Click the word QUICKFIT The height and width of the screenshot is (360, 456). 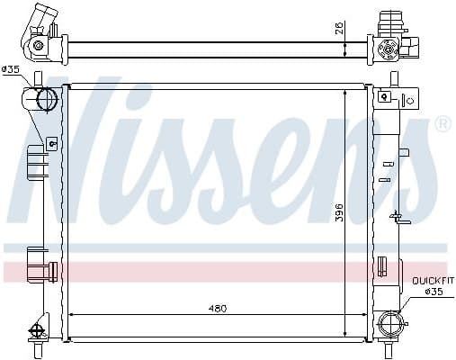tap(431, 281)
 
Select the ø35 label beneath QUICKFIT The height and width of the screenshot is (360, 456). tap(434, 292)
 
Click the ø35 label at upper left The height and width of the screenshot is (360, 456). tap(12, 69)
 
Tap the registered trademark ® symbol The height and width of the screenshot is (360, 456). tap(443, 124)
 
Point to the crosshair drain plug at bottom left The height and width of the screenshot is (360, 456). tap(38, 330)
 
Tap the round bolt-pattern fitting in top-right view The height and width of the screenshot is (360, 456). tap(389, 47)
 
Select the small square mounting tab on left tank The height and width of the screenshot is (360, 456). tap(51, 141)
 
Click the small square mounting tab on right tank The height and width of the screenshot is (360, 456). tap(384, 95)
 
